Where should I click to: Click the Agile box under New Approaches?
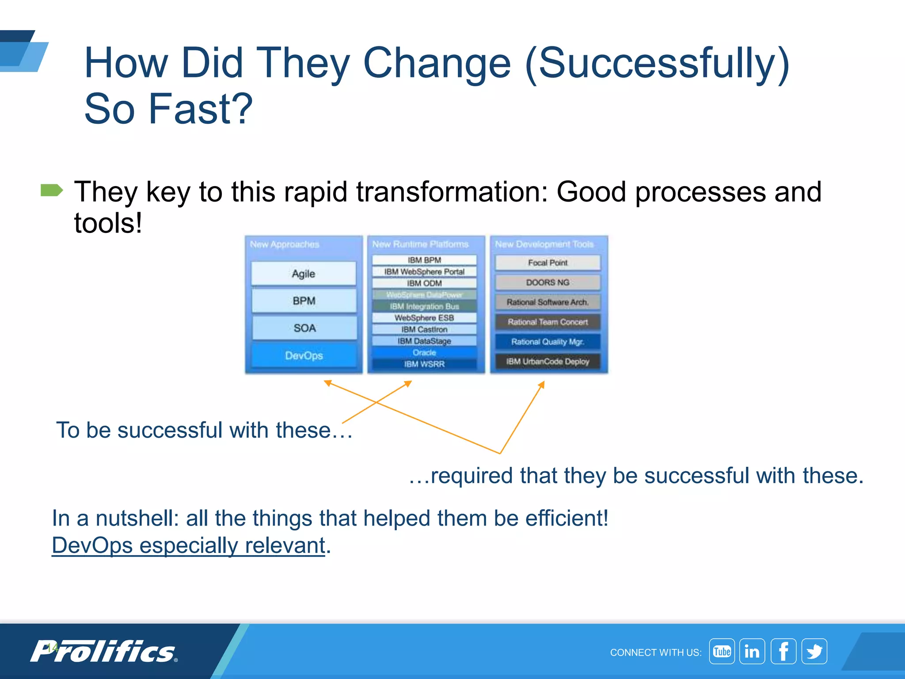point(304,274)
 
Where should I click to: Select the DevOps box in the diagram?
point(304,355)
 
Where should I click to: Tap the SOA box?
point(304,328)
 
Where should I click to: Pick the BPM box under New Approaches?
point(304,301)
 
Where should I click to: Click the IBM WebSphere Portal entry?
point(424,271)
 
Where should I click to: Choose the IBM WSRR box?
point(424,364)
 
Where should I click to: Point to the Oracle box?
point(424,352)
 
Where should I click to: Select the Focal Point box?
point(548,263)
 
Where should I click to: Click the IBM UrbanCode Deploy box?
point(548,362)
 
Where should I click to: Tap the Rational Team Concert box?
point(548,322)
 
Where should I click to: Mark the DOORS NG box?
point(548,282)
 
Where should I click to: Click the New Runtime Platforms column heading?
point(420,244)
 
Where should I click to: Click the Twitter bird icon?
point(814,652)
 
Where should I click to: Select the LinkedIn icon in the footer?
point(752,652)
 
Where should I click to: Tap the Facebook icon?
point(783,652)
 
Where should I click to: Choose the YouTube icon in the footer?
point(722,652)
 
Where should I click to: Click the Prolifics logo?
point(104,652)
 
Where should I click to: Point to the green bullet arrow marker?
point(52,191)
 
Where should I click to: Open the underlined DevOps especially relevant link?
point(189,545)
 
